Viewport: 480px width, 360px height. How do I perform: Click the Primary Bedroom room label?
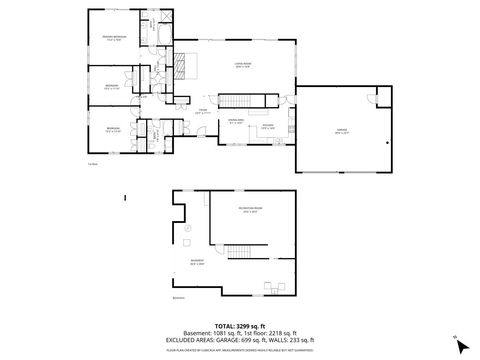click(x=113, y=37)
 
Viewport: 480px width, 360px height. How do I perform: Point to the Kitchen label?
click(x=268, y=127)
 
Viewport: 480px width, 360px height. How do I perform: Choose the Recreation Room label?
click(x=249, y=211)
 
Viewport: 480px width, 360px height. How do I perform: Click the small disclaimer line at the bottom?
click(x=240, y=351)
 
